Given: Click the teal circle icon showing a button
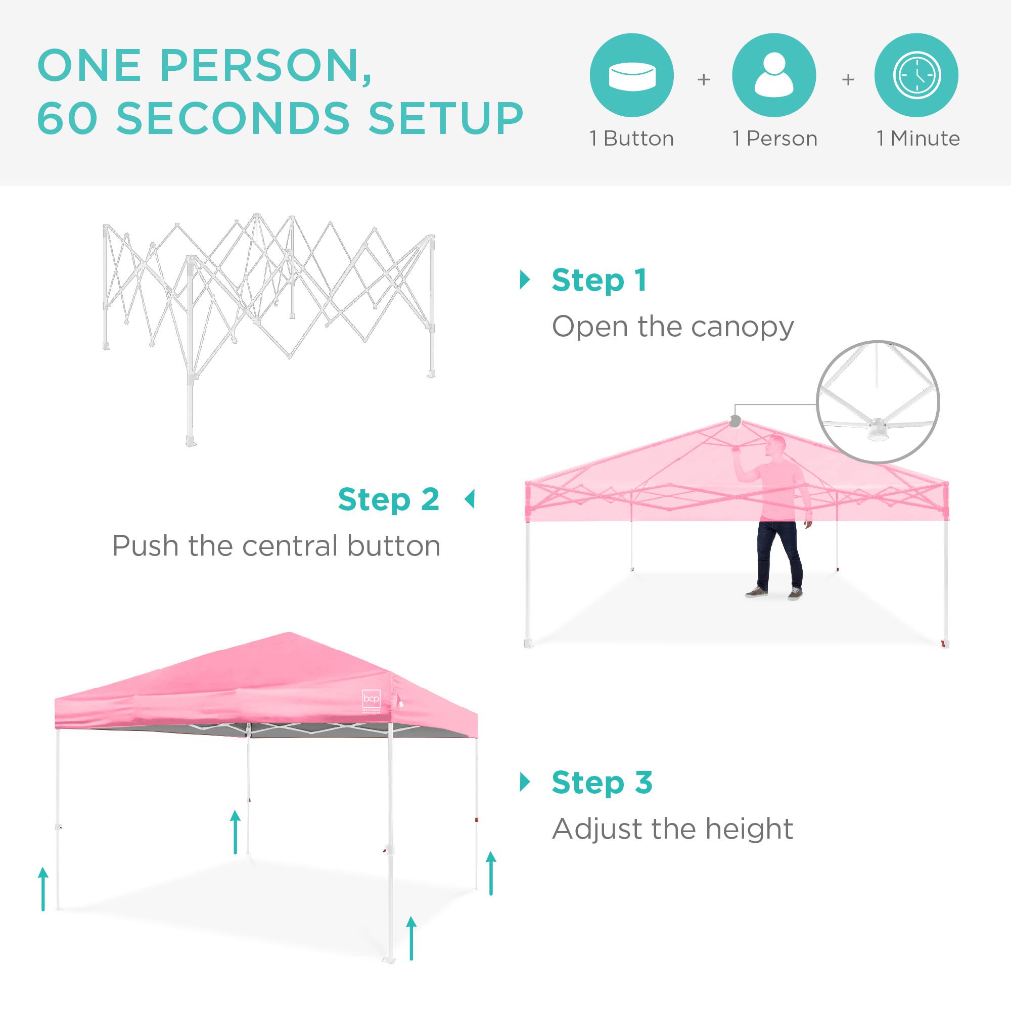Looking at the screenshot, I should (x=631, y=75).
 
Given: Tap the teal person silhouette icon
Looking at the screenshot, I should (x=774, y=75).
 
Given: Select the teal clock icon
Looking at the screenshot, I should (x=916, y=75).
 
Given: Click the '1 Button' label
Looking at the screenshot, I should (x=631, y=139).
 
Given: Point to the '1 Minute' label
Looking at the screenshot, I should (x=918, y=139).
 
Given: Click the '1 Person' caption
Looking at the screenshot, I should (x=774, y=139).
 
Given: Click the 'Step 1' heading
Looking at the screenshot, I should (x=599, y=281).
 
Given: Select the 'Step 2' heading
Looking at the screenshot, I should (x=388, y=500).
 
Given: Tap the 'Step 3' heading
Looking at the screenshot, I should (x=602, y=783).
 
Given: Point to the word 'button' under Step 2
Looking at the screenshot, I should (x=393, y=546).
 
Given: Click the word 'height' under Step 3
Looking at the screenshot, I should (x=749, y=830).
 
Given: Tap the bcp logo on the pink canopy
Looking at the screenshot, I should (x=371, y=699).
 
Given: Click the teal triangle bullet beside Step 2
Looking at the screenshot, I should (x=470, y=499).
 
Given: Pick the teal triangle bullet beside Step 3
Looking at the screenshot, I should (x=525, y=783).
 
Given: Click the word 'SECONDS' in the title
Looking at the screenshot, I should (x=233, y=118).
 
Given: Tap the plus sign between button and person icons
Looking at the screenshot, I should (x=704, y=79).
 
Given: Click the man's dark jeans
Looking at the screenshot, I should (x=779, y=555).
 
